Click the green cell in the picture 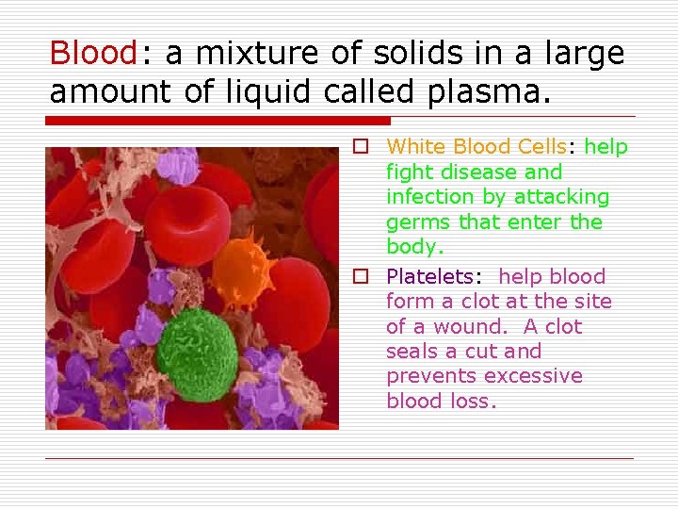click(197, 344)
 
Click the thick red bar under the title click(218, 121)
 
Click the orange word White click(416, 147)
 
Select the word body click(412, 247)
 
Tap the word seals click(412, 352)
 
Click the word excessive click(533, 376)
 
